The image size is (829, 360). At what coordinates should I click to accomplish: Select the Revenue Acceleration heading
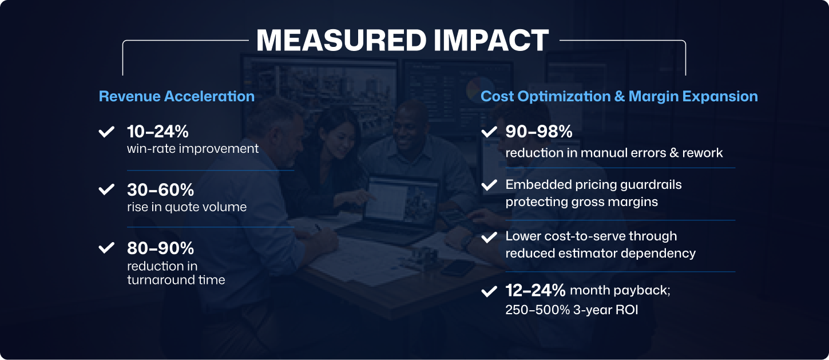(x=176, y=96)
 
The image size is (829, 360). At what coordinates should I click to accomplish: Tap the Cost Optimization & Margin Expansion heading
(x=619, y=96)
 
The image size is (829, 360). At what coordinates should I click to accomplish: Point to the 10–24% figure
(x=158, y=132)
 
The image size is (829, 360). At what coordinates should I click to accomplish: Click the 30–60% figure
(x=160, y=189)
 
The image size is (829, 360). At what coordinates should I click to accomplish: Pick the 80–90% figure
(x=160, y=248)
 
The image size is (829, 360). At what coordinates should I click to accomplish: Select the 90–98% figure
(x=539, y=132)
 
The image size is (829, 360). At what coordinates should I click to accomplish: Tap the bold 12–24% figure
(x=536, y=290)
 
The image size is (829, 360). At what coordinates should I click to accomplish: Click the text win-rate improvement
(x=193, y=149)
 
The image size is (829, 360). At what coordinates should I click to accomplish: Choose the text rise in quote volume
(x=187, y=207)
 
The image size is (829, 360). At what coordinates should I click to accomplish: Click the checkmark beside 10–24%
(x=106, y=132)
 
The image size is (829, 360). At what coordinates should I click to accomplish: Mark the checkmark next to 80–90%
(x=106, y=248)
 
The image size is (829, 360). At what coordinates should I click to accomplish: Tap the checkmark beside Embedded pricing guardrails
(x=489, y=185)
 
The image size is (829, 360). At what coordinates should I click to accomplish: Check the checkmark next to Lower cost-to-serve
(x=489, y=237)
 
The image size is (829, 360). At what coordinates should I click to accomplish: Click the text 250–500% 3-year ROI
(x=571, y=310)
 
